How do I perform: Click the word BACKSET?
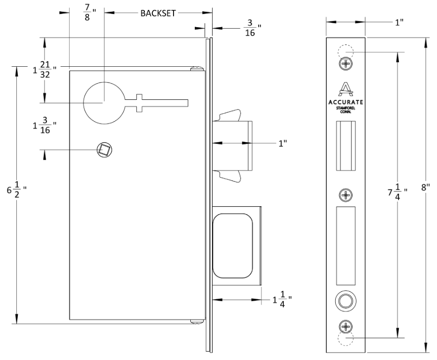tap(158, 13)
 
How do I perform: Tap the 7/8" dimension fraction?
tap(87, 12)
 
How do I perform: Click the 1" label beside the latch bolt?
tap(283, 143)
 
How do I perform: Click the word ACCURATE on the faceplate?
tap(346, 102)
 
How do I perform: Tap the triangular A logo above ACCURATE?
tap(346, 89)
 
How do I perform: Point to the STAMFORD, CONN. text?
tap(346, 109)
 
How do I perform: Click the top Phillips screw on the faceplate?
tap(346, 64)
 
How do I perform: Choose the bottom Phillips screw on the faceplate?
tap(346, 326)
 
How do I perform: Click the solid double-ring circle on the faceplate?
tap(346, 300)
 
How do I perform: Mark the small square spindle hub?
tap(104, 148)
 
